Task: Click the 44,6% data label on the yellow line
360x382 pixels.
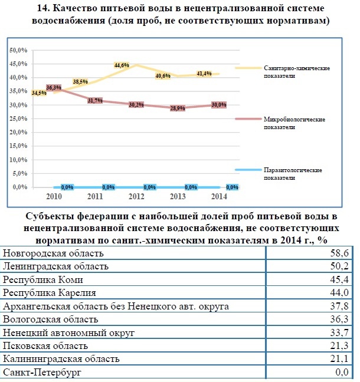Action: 122,65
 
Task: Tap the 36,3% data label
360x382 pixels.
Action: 54,88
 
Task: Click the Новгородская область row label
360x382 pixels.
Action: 53,253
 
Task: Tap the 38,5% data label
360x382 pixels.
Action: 80,82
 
